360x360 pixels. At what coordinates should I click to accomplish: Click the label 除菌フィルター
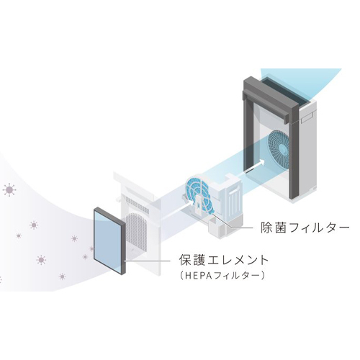[x=305, y=228]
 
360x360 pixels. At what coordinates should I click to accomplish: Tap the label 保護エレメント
[x=224, y=260]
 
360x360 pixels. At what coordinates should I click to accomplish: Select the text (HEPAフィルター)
[x=222, y=275]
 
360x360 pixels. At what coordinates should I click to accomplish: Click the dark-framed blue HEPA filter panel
[x=109, y=240]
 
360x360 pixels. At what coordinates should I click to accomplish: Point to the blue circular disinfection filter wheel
[x=199, y=195]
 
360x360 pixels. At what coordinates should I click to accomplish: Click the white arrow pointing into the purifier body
[x=254, y=166]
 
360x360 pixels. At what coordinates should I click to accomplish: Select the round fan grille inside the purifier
[x=280, y=150]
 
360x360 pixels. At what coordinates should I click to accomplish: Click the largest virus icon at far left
[x=9, y=190]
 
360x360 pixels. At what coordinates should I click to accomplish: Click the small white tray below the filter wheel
[x=217, y=226]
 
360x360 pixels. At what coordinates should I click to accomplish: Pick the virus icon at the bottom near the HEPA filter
[x=62, y=276]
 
